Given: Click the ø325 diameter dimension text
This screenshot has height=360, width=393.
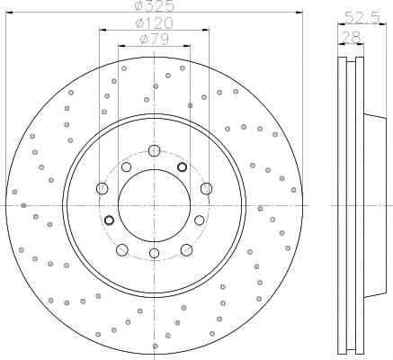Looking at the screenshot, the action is pos(154,5).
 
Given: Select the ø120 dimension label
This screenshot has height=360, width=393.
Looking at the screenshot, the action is pos(155,23).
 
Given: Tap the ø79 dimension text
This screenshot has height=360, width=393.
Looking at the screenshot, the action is pos(155,39).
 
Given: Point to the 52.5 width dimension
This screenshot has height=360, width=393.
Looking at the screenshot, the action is pos(362,17).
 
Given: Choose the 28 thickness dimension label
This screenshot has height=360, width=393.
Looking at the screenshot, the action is pos(351,38).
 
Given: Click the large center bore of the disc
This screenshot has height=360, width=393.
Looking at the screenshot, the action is pos(154,205).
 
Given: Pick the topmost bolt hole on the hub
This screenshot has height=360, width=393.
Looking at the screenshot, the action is pos(154,150).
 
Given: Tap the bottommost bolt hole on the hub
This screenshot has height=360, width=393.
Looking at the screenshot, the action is pos(154,253).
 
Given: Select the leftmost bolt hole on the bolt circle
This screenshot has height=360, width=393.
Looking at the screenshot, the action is pos(103,188).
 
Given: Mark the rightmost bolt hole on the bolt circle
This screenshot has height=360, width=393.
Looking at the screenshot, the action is pos(206,188).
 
